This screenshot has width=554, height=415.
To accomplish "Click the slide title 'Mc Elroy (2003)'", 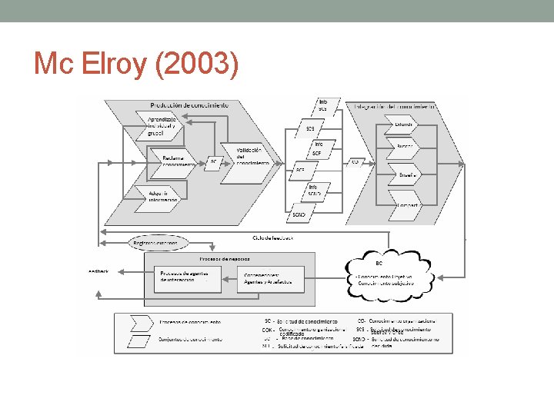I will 135,65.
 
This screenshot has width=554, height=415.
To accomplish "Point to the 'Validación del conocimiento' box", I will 246,157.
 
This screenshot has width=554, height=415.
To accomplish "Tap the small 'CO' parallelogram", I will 355,161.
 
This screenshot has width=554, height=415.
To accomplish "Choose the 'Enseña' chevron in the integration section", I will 406,174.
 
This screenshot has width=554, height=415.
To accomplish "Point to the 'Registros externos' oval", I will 155,243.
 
